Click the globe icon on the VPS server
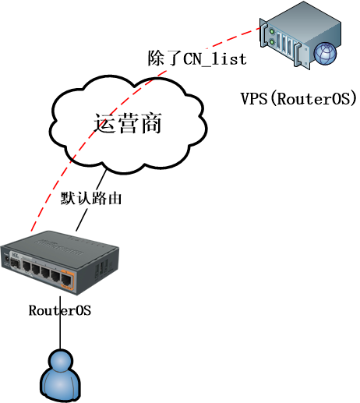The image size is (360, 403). [x=325, y=54]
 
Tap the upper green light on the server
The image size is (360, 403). [x=272, y=31]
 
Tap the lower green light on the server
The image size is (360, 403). [x=272, y=42]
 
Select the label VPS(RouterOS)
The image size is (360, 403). [x=298, y=99]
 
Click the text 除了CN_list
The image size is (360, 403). [x=197, y=58]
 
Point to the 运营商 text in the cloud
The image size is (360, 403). [x=128, y=123]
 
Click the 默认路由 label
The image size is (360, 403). [x=91, y=198]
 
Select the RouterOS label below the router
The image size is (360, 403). [x=60, y=310]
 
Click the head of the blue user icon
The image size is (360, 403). [x=60, y=361]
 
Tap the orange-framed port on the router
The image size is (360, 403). [x=67, y=279]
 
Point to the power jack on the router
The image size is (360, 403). [x=5, y=259]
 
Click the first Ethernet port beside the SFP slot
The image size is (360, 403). [x=26, y=266]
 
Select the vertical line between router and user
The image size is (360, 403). [x=60, y=323]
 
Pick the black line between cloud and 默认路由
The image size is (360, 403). [x=101, y=179]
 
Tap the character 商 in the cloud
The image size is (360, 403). [x=150, y=123]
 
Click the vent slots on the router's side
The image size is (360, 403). [x=102, y=267]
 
